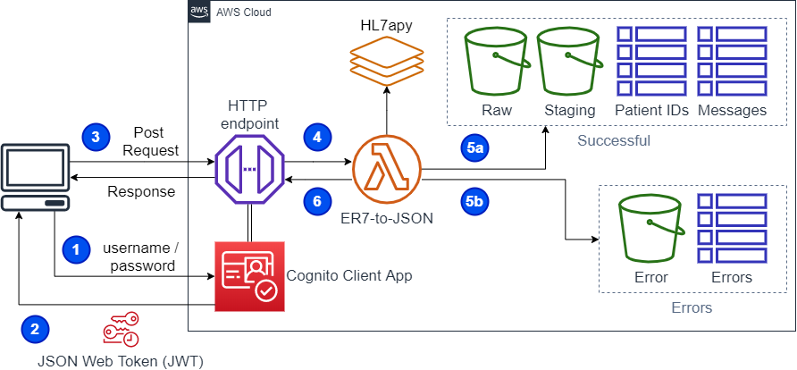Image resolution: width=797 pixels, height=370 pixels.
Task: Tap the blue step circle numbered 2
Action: coord(35,330)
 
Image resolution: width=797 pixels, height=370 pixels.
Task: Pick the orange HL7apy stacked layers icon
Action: coord(386,61)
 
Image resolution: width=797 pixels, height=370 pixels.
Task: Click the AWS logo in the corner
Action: coord(199,12)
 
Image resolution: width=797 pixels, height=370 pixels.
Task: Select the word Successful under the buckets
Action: coord(613,141)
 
